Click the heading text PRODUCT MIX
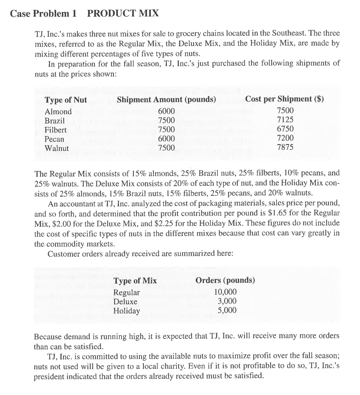[x=123, y=14]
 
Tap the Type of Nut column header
[x=65, y=100]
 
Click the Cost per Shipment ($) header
[x=285, y=99]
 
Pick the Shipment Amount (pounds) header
[x=166, y=100]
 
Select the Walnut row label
[x=57, y=148]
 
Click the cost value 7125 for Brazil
[x=285, y=120]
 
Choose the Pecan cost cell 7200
[x=285, y=138]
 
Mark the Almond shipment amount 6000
[x=166, y=111]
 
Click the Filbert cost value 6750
[x=285, y=129]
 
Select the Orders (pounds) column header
[x=225, y=280]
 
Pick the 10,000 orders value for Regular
[x=225, y=293]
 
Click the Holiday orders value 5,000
[x=227, y=310]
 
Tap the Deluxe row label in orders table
[x=125, y=301]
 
